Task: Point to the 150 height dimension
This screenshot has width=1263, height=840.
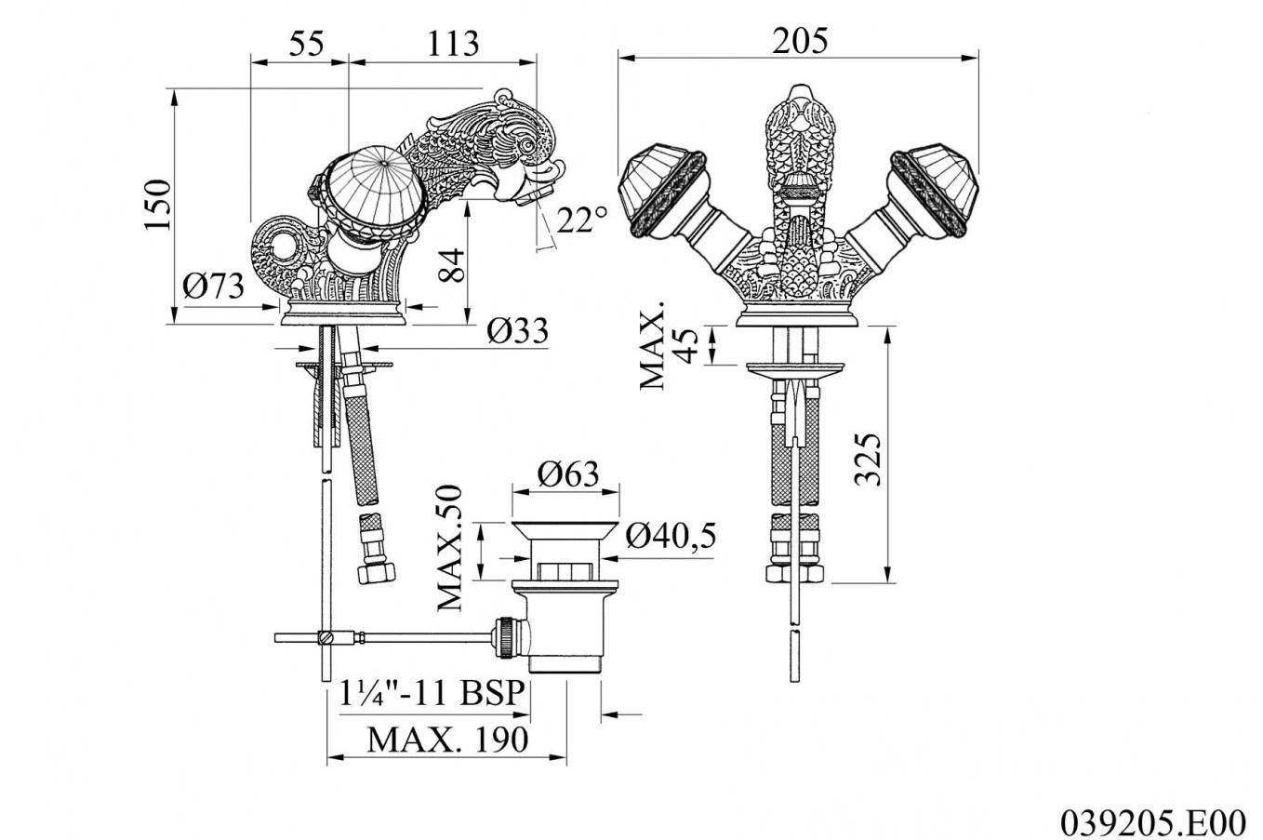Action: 158,205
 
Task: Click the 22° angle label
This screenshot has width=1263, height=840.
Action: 582,220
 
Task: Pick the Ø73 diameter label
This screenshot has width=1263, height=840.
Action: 213,286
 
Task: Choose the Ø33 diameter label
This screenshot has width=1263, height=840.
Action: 517,329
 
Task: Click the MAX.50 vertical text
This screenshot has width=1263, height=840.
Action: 450,547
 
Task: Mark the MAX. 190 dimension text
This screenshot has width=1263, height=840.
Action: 446,740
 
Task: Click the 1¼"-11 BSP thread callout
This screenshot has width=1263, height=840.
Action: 432,694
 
